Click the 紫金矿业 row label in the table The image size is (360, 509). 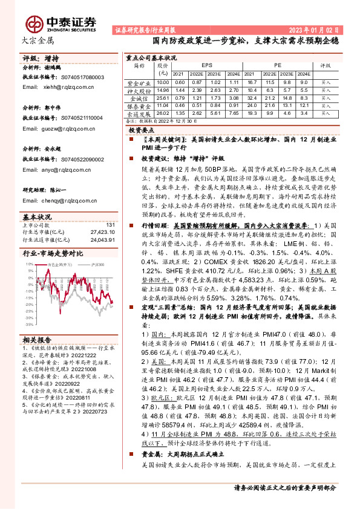(139, 82)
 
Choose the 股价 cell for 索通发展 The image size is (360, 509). (162, 112)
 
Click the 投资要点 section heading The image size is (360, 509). (141, 130)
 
